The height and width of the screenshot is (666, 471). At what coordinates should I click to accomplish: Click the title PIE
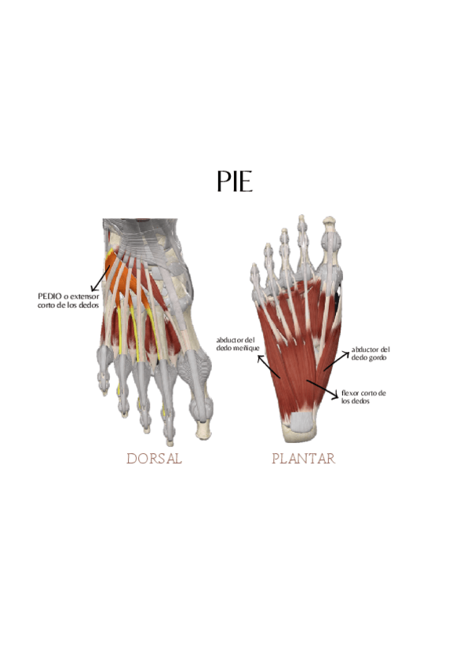[235, 181]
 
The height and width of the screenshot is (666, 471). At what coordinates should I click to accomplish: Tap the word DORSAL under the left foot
[154, 459]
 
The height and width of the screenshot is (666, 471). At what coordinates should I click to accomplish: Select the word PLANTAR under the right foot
[303, 459]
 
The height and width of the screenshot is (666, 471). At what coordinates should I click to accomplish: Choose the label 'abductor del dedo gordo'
[371, 353]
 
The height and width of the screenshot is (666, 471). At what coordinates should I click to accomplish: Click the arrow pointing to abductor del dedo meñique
[265, 363]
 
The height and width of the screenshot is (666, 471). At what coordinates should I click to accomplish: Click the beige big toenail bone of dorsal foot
[204, 429]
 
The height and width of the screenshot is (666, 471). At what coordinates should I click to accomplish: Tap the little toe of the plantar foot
[254, 275]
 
